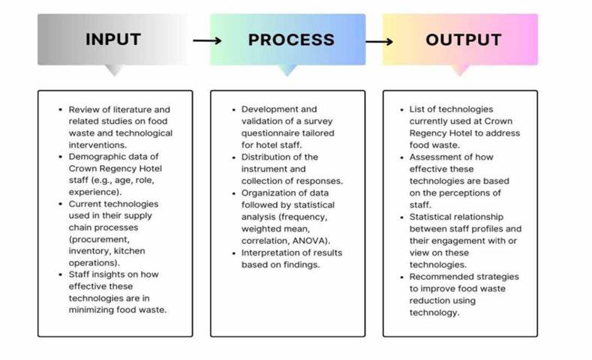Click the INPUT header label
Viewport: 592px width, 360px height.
[x=113, y=40]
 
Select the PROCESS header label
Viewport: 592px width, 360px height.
[x=291, y=40]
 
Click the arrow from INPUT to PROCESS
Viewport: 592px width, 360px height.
[x=206, y=40]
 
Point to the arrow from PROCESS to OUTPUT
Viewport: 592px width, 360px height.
[x=379, y=40]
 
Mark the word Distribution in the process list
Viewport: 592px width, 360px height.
[x=269, y=157]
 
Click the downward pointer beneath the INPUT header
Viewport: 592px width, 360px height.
[x=114, y=70]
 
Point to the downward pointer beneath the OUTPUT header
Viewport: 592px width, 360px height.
[x=460, y=70]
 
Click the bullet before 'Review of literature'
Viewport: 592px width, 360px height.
[x=60, y=109]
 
